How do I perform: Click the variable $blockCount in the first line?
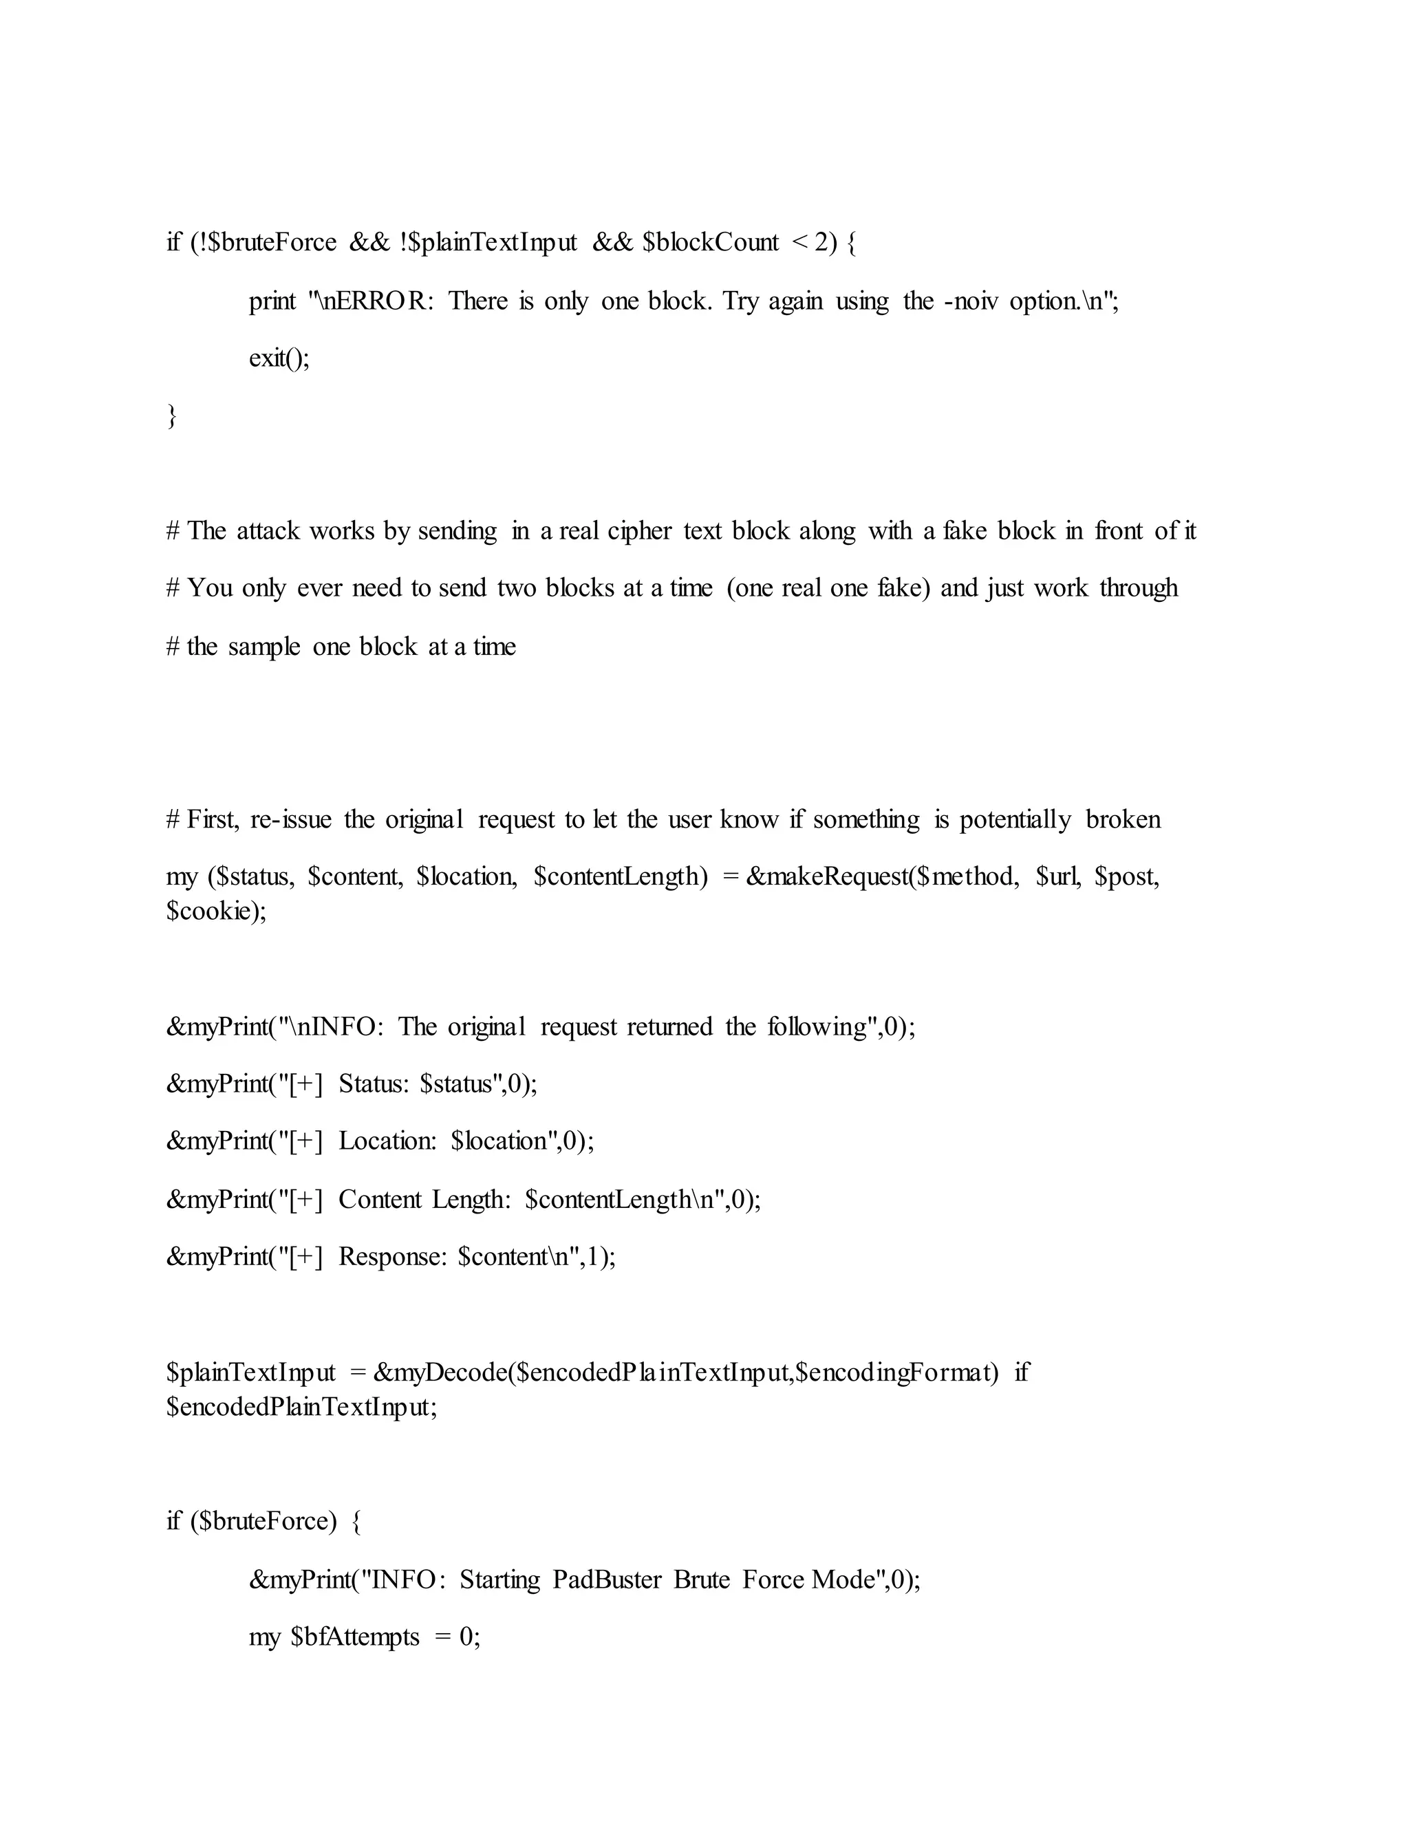click(x=710, y=242)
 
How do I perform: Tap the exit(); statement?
click(x=279, y=358)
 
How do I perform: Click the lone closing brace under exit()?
click(x=172, y=415)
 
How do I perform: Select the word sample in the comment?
click(x=263, y=646)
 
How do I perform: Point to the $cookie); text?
click(x=216, y=911)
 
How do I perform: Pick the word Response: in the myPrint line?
click(x=393, y=1256)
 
